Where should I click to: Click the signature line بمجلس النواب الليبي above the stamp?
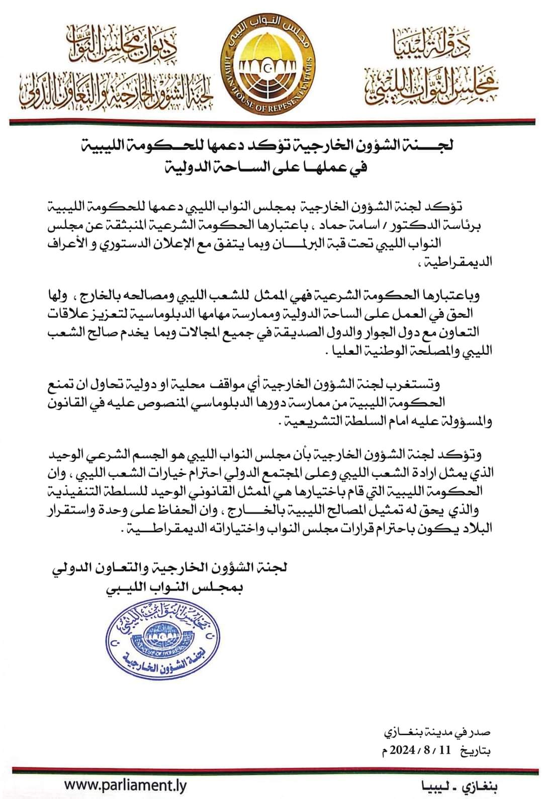(x=174, y=587)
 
